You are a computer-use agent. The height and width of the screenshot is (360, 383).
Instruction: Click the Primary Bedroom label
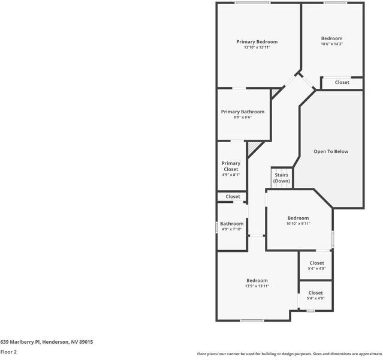point(257,41)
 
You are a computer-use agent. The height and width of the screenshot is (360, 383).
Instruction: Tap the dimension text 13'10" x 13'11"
point(257,47)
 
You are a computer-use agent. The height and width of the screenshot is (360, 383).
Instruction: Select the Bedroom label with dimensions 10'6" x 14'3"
point(331,38)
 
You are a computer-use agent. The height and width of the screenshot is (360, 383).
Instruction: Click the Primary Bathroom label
point(242,112)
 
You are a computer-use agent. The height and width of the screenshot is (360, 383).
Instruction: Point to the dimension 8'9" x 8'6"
point(242,118)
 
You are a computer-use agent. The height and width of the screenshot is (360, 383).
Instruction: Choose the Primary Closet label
point(231,166)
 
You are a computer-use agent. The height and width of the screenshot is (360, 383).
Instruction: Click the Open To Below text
point(331,152)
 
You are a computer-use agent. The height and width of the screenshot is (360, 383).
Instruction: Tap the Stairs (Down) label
point(281,178)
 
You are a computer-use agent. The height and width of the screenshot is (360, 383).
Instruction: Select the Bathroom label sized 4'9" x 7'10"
point(232,224)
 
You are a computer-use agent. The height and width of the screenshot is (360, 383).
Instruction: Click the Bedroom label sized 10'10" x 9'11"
point(298,218)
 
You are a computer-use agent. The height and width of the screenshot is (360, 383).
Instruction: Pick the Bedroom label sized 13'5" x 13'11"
point(257,280)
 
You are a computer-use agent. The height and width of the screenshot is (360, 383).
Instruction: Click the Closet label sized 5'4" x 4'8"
point(316,263)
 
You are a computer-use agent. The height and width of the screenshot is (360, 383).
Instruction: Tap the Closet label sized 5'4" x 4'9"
point(315,293)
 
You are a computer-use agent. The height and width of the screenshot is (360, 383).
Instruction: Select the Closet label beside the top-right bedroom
point(342,82)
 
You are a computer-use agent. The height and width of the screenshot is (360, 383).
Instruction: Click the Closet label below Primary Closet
point(233,196)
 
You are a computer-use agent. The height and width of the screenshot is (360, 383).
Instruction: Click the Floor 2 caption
point(8,352)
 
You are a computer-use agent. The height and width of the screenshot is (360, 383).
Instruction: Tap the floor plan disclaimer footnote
point(289,353)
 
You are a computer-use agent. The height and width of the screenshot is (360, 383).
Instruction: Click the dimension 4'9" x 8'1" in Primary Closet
point(231,175)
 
